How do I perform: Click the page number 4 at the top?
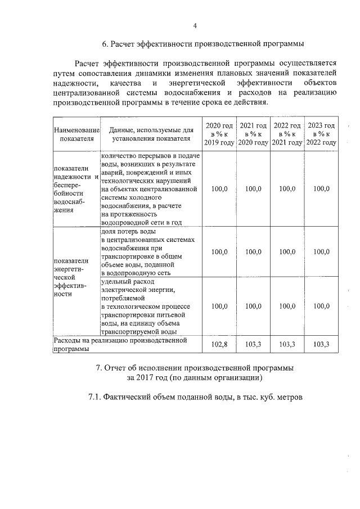coord(195,25)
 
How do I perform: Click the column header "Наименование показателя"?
coord(76,135)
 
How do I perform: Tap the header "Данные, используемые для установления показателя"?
coord(151,135)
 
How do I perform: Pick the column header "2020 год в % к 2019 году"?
coord(219,134)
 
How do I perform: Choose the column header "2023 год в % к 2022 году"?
coord(321,134)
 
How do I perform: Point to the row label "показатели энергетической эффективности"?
coord(71,277)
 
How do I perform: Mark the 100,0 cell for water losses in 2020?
coord(219,252)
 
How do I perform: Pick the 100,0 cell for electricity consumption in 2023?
coord(321,307)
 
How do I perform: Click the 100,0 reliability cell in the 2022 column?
coord(287,189)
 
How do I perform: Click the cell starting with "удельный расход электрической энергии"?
coord(150,307)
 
